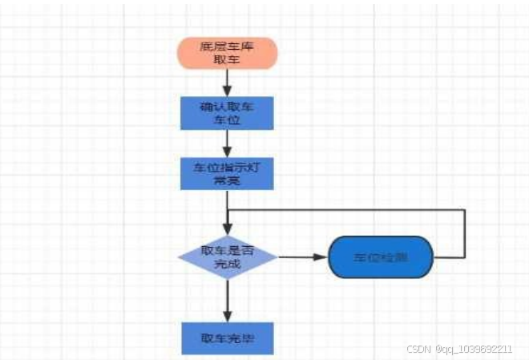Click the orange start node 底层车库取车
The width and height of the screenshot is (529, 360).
(x=228, y=52)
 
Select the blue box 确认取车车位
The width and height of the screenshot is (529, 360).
(x=228, y=113)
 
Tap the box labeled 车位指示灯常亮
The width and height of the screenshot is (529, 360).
(x=228, y=173)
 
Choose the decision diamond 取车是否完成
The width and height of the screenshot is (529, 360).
(x=228, y=257)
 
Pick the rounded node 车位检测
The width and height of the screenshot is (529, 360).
(x=381, y=257)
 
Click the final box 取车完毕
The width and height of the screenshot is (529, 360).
(x=228, y=338)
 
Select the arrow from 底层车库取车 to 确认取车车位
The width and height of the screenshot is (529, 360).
(x=228, y=82)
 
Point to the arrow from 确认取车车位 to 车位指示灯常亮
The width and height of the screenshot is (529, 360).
(x=228, y=142)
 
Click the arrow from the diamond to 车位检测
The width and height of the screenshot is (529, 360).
(x=303, y=257)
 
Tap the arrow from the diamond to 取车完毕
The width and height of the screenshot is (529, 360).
(x=228, y=301)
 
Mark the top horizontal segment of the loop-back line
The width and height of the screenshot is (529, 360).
(x=345, y=210)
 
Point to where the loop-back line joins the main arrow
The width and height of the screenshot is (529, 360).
(x=228, y=210)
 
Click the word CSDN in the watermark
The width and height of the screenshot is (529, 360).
(x=419, y=350)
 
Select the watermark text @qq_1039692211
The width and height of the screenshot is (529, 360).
(x=479, y=350)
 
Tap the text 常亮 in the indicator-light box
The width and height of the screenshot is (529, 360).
(x=228, y=181)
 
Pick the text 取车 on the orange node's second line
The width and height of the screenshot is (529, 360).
(x=228, y=59)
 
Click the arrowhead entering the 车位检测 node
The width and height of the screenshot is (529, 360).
(x=323, y=257)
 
